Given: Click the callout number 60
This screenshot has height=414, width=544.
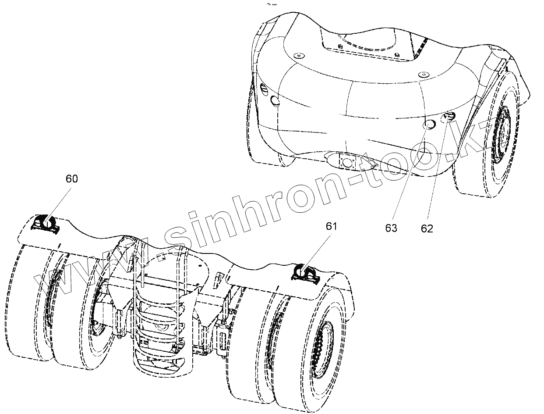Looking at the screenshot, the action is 72,179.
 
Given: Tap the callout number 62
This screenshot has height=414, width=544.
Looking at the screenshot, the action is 427,228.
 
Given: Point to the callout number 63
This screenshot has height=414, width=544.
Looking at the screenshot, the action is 391,228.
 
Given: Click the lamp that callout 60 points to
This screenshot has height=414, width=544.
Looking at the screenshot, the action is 46,223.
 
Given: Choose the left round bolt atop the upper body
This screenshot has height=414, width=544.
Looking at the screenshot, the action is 298,56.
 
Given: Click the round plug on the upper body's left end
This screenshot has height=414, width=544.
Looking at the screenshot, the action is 276,101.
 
